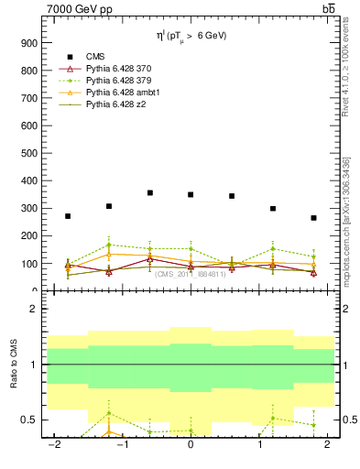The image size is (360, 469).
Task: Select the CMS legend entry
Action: (95, 57)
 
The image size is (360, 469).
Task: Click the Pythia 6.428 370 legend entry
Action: (119, 69)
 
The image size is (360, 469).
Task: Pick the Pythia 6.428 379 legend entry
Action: (119, 81)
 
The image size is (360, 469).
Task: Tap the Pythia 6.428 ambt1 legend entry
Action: (121, 93)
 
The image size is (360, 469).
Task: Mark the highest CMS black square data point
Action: (149, 193)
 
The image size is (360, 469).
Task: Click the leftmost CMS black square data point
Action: (68, 216)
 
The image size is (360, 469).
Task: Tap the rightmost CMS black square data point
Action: (313, 218)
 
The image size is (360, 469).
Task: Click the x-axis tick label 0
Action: (191, 445)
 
